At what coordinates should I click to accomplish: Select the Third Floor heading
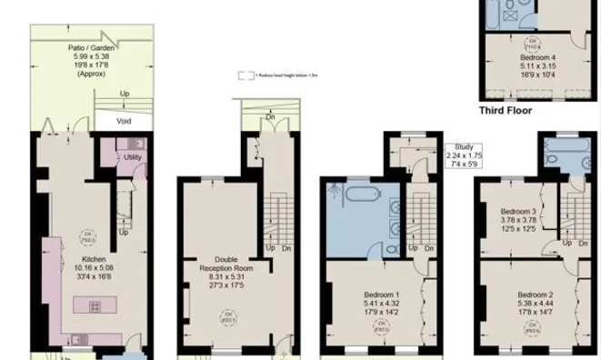[x=506, y=111]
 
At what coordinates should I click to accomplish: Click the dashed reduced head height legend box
[x=243, y=75]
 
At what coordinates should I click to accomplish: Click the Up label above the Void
[x=124, y=93]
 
